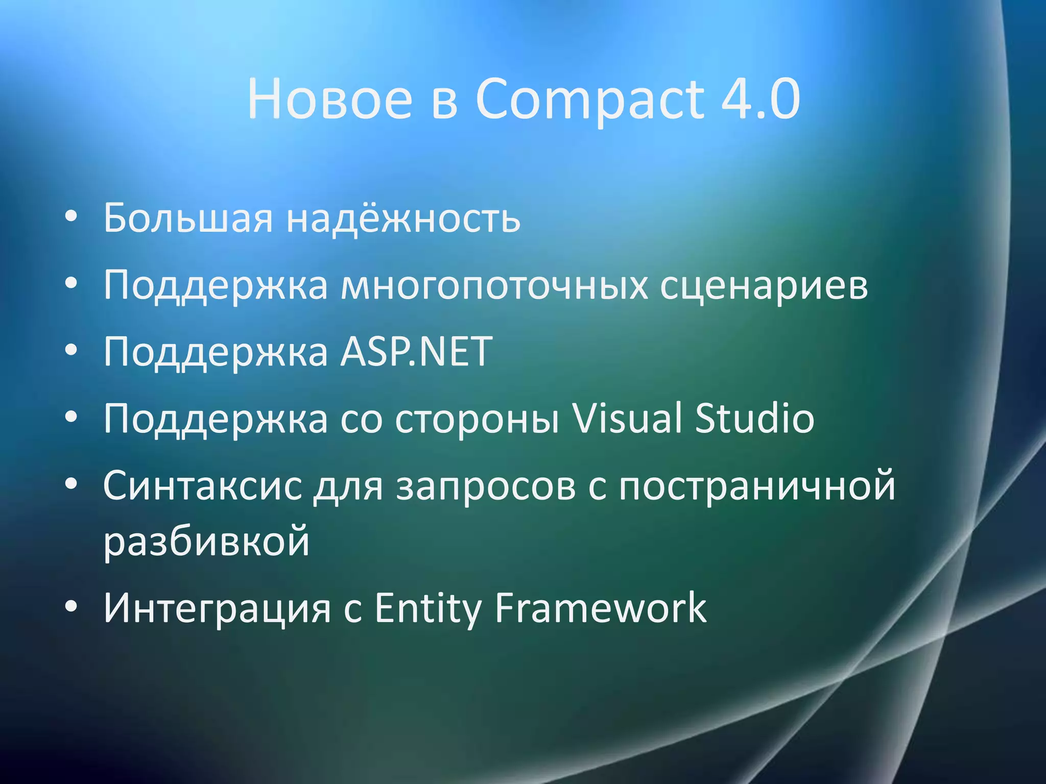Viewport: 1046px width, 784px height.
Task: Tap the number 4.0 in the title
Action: (760, 99)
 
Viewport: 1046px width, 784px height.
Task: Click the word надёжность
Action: (403, 218)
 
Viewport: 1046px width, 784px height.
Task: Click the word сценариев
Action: (764, 285)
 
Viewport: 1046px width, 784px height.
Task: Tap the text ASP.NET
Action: (416, 352)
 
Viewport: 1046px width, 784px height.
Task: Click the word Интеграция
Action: (217, 608)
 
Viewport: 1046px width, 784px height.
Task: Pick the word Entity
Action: (427, 608)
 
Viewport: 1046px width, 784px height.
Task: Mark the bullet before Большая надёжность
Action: (72, 217)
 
